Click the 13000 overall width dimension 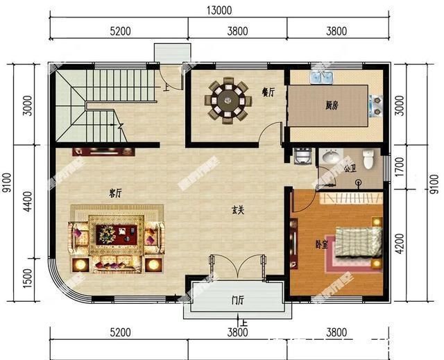tap(219, 10)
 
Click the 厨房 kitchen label tap(332, 105)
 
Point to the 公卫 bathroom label tap(351, 169)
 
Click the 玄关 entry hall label tap(237, 212)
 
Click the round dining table tap(228, 100)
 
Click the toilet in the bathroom tap(369, 158)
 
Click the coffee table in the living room tap(116, 233)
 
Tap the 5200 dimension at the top tap(119, 31)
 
